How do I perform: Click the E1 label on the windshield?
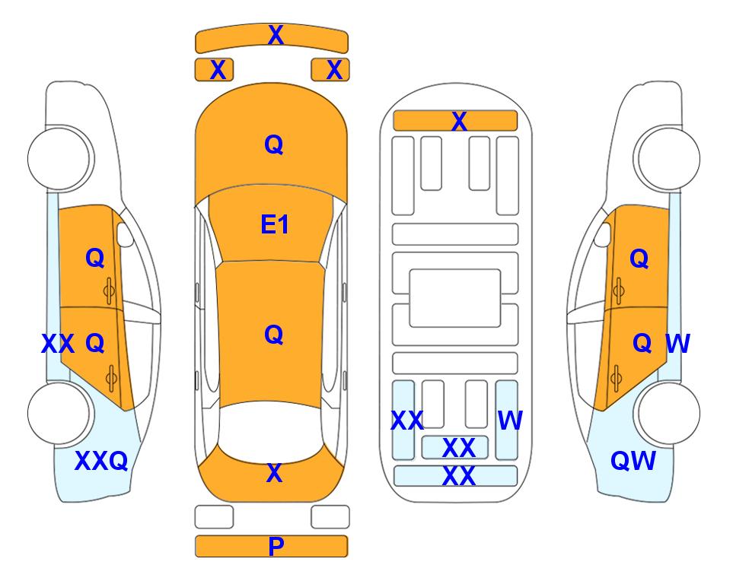click(x=275, y=224)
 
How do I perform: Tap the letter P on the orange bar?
click(x=276, y=546)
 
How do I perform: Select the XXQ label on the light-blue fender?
click(x=101, y=461)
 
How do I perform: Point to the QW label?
click(x=633, y=461)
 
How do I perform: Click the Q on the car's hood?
click(x=273, y=144)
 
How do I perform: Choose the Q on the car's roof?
click(x=273, y=335)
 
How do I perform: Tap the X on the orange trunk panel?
click(x=275, y=473)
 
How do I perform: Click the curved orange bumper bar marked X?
click(x=272, y=39)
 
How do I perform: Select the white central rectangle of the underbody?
click(x=455, y=298)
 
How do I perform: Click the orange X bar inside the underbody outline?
click(x=455, y=121)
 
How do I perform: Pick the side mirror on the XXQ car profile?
click(x=124, y=234)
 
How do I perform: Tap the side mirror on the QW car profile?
click(x=603, y=234)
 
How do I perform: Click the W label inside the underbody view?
click(x=510, y=420)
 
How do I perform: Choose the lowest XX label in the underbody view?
click(x=458, y=476)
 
